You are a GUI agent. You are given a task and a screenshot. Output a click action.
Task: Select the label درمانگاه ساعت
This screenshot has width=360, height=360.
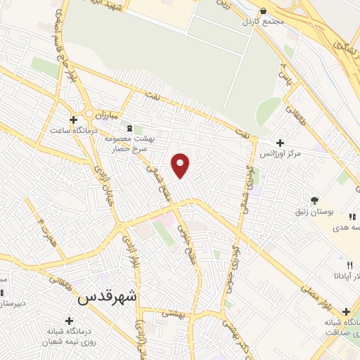pyautogui.click(x=73, y=130)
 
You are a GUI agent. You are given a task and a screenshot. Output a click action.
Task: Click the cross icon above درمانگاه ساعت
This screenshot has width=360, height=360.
pyautogui.click(x=73, y=120)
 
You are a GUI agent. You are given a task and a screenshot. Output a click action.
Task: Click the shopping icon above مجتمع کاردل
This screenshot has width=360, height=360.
pyautogui.click(x=263, y=11)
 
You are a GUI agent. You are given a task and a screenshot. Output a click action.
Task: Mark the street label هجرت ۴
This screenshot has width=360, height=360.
pyautogui.click(x=40, y=226)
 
